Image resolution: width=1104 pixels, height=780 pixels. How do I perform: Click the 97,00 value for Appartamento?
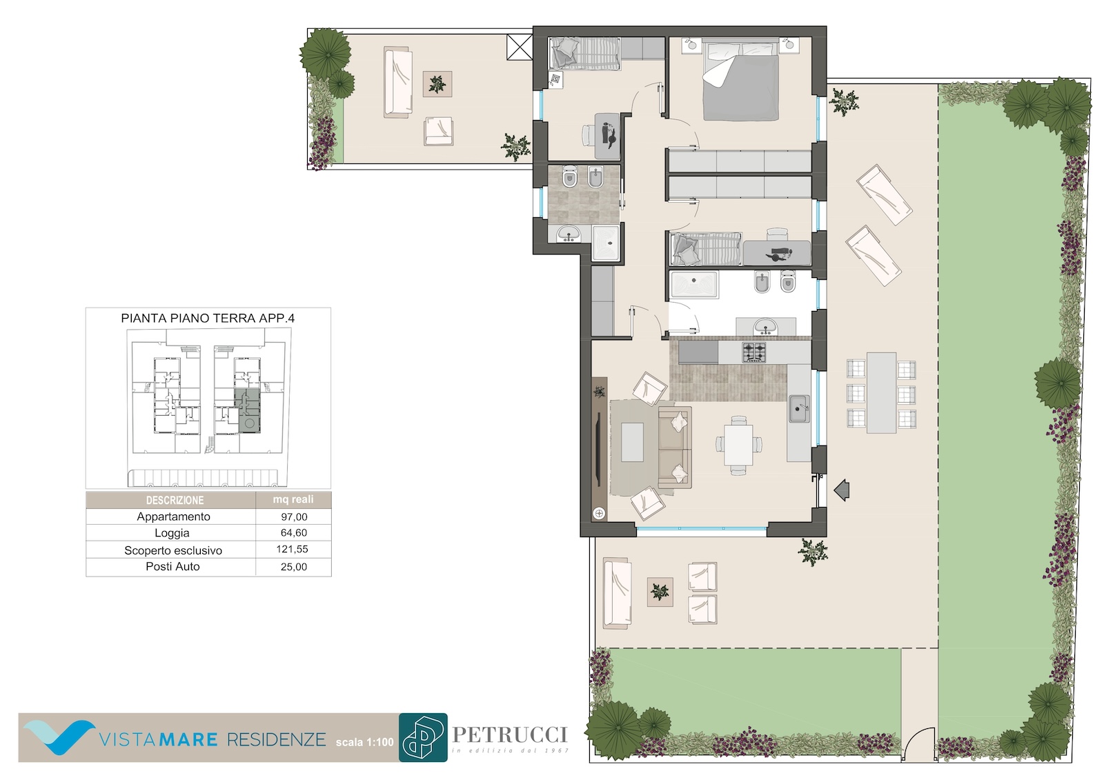[294, 517]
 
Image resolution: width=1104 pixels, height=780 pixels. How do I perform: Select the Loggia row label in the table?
[172, 532]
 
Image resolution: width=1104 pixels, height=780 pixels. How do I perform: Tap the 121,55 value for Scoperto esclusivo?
[293, 549]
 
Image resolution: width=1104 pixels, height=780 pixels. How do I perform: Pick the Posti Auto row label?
[172, 567]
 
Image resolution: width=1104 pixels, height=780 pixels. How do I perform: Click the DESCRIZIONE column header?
[175, 500]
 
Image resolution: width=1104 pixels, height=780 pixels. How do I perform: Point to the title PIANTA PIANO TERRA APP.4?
[208, 319]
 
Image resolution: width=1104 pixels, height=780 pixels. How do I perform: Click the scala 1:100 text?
[365, 742]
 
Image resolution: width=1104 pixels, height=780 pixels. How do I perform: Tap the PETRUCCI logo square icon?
[423, 737]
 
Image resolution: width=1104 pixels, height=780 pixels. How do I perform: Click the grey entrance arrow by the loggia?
[842, 490]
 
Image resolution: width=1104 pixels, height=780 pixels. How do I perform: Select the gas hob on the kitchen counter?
[754, 352]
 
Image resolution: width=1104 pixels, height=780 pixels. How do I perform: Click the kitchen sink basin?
[798, 408]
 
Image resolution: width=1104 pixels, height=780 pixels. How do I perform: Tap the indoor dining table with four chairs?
[738, 445]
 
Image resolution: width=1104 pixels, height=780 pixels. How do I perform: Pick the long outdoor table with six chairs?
[881, 393]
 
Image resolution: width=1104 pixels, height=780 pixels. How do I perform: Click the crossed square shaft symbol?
[520, 48]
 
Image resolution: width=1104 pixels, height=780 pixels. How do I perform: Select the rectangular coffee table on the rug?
[632, 443]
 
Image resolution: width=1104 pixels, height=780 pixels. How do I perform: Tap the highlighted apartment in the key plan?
[249, 410]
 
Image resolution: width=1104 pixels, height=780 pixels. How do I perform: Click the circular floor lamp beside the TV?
[600, 513]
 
